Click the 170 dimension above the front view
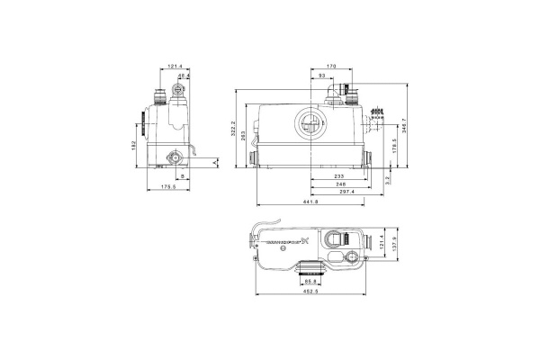click(331, 67)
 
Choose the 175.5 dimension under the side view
click(168, 187)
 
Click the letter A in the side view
click(216, 163)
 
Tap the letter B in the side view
click(184, 177)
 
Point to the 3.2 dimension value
click(387, 179)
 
